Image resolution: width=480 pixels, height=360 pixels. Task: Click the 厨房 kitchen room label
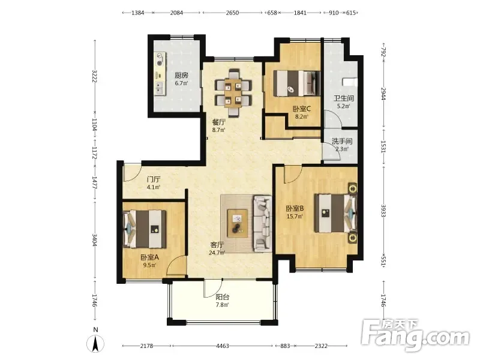[181, 75]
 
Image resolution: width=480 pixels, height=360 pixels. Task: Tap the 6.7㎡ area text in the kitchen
[181, 83]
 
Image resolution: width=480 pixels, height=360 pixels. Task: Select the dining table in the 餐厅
[233, 92]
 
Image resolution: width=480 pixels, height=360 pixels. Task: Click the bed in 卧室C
[296, 83]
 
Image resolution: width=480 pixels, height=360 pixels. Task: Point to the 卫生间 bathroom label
[343, 98]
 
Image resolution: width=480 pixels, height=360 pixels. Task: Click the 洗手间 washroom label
[342, 141]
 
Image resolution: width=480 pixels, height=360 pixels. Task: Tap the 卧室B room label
[295, 208]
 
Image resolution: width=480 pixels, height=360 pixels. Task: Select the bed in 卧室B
[336, 213]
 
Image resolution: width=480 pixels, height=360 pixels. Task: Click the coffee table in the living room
[237, 223]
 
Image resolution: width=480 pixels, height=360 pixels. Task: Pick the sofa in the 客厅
[262, 224]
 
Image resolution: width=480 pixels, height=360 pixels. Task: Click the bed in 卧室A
[145, 229]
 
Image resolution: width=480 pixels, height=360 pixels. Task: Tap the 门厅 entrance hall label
[153, 179]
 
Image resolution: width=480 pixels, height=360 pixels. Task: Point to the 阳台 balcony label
[223, 297]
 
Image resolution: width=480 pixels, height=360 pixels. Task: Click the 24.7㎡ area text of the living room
[217, 253]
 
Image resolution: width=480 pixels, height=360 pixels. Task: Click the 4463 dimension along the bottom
[223, 346]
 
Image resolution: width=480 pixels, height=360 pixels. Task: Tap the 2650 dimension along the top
[232, 13]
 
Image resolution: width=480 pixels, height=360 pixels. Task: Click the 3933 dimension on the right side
[383, 211]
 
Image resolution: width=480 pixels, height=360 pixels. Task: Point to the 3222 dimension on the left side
[95, 76]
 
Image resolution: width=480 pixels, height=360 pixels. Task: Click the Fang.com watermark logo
[415, 335]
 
